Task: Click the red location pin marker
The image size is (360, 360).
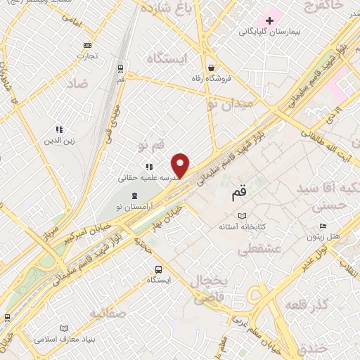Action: [x=181, y=164]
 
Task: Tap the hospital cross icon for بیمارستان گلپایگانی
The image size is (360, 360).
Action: [x=269, y=20]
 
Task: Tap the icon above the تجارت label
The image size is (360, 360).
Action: [x=86, y=44]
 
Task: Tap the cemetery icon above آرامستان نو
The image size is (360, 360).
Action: [x=136, y=194]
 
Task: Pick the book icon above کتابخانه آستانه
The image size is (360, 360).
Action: [x=243, y=215]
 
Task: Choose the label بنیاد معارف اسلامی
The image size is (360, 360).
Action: [x=64, y=339]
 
